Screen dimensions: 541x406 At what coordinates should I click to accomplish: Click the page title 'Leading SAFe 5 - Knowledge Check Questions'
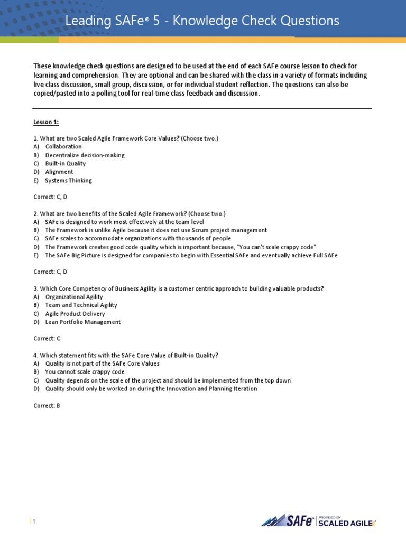click(x=201, y=21)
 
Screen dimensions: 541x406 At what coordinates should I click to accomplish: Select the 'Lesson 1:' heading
click(x=46, y=122)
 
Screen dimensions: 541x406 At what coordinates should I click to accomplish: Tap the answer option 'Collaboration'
click(x=63, y=147)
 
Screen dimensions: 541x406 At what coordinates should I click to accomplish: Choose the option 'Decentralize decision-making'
click(x=85, y=155)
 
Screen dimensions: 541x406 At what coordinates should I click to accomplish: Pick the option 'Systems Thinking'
click(x=68, y=181)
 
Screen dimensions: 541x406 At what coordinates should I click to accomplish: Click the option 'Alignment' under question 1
click(x=59, y=172)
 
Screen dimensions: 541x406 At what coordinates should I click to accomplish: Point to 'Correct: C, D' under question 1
click(x=50, y=197)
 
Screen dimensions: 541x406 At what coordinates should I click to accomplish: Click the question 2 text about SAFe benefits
click(x=129, y=214)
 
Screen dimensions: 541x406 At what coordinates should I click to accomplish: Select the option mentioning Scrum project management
click(x=156, y=230)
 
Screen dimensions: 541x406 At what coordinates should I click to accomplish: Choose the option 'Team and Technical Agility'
click(x=81, y=305)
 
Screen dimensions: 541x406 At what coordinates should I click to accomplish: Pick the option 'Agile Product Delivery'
click(x=75, y=314)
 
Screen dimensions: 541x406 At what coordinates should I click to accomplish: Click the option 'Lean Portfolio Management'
click(x=83, y=322)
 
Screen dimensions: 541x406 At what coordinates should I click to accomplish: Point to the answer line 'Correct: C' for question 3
click(x=47, y=339)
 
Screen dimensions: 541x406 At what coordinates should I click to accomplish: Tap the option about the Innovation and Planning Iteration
click(x=151, y=389)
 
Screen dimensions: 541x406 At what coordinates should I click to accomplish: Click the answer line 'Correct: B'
click(x=47, y=406)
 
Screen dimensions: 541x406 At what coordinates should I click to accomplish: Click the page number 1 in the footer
click(x=34, y=522)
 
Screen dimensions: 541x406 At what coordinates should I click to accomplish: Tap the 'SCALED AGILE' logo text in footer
click(x=346, y=524)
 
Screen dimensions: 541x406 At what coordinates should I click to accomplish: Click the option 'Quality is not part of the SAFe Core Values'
click(x=102, y=363)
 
